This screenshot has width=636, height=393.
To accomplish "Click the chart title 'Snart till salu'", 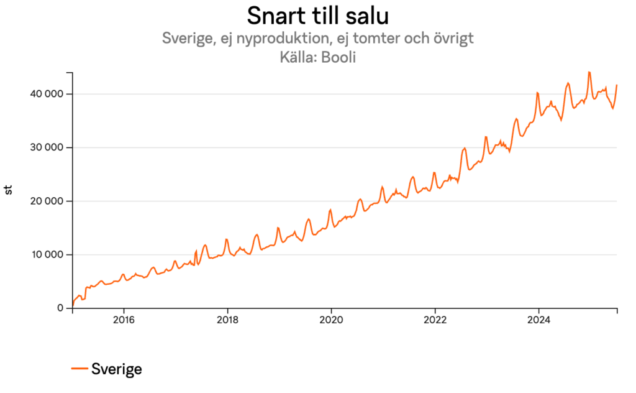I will [317, 15].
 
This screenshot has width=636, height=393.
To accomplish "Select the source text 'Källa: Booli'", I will [317, 57].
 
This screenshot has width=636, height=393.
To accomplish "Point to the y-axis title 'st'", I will [9, 190].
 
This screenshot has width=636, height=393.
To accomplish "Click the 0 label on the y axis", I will [60, 308].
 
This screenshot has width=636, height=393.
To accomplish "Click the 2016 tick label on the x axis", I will [124, 320].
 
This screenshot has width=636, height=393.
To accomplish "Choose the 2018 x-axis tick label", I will [227, 320].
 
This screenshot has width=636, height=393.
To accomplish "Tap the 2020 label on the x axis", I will [331, 320].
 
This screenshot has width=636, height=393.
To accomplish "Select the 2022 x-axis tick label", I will [435, 320].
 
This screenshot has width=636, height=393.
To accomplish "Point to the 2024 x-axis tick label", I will [538, 320].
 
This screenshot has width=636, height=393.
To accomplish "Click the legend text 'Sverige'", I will [117, 369].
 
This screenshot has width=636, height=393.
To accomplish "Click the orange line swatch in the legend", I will [79, 369].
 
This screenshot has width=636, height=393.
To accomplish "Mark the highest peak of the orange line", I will [589, 72].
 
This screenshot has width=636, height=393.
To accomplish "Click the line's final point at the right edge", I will [617, 85].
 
